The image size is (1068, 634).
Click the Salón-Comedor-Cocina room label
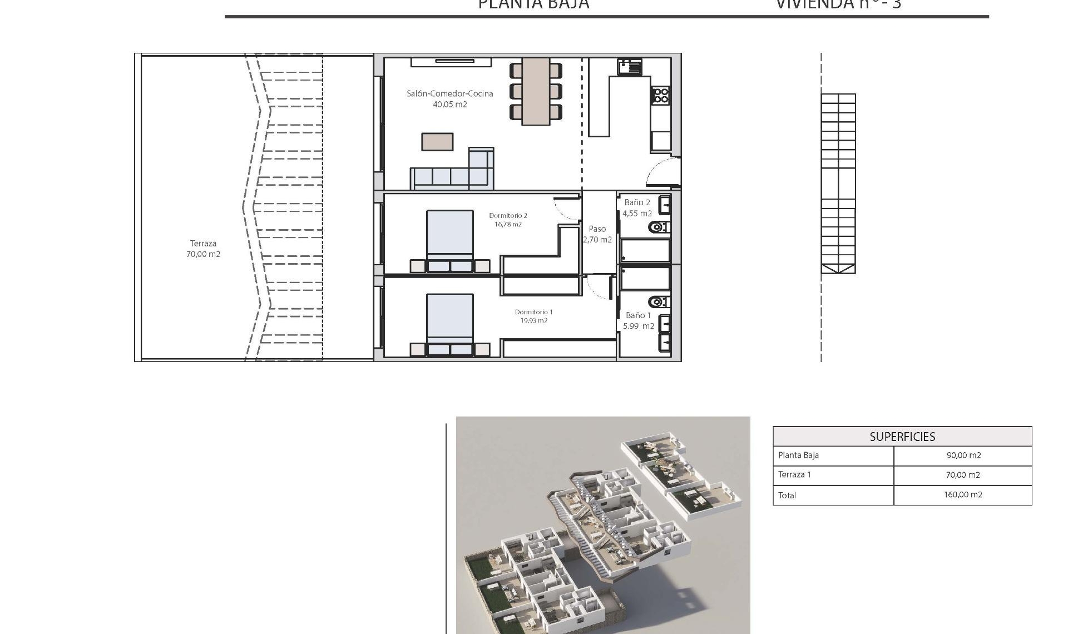[449, 93]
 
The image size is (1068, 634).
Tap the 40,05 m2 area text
[449, 105]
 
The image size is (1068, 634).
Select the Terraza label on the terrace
[203, 244]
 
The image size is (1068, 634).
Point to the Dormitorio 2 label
[508, 215]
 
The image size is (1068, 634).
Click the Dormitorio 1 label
[533, 312]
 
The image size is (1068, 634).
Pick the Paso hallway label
[597, 229]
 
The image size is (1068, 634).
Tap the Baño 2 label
[637, 202]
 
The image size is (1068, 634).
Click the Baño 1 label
[638, 315]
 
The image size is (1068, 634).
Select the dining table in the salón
[536, 91]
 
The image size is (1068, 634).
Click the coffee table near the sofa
[437, 141]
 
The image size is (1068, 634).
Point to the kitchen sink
[629, 67]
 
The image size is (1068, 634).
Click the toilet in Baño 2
[659, 227]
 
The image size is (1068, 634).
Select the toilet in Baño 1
[659, 302]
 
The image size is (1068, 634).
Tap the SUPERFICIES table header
[902, 437]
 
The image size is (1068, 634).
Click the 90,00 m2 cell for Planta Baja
[963, 455]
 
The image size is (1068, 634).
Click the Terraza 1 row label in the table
[794, 474]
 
